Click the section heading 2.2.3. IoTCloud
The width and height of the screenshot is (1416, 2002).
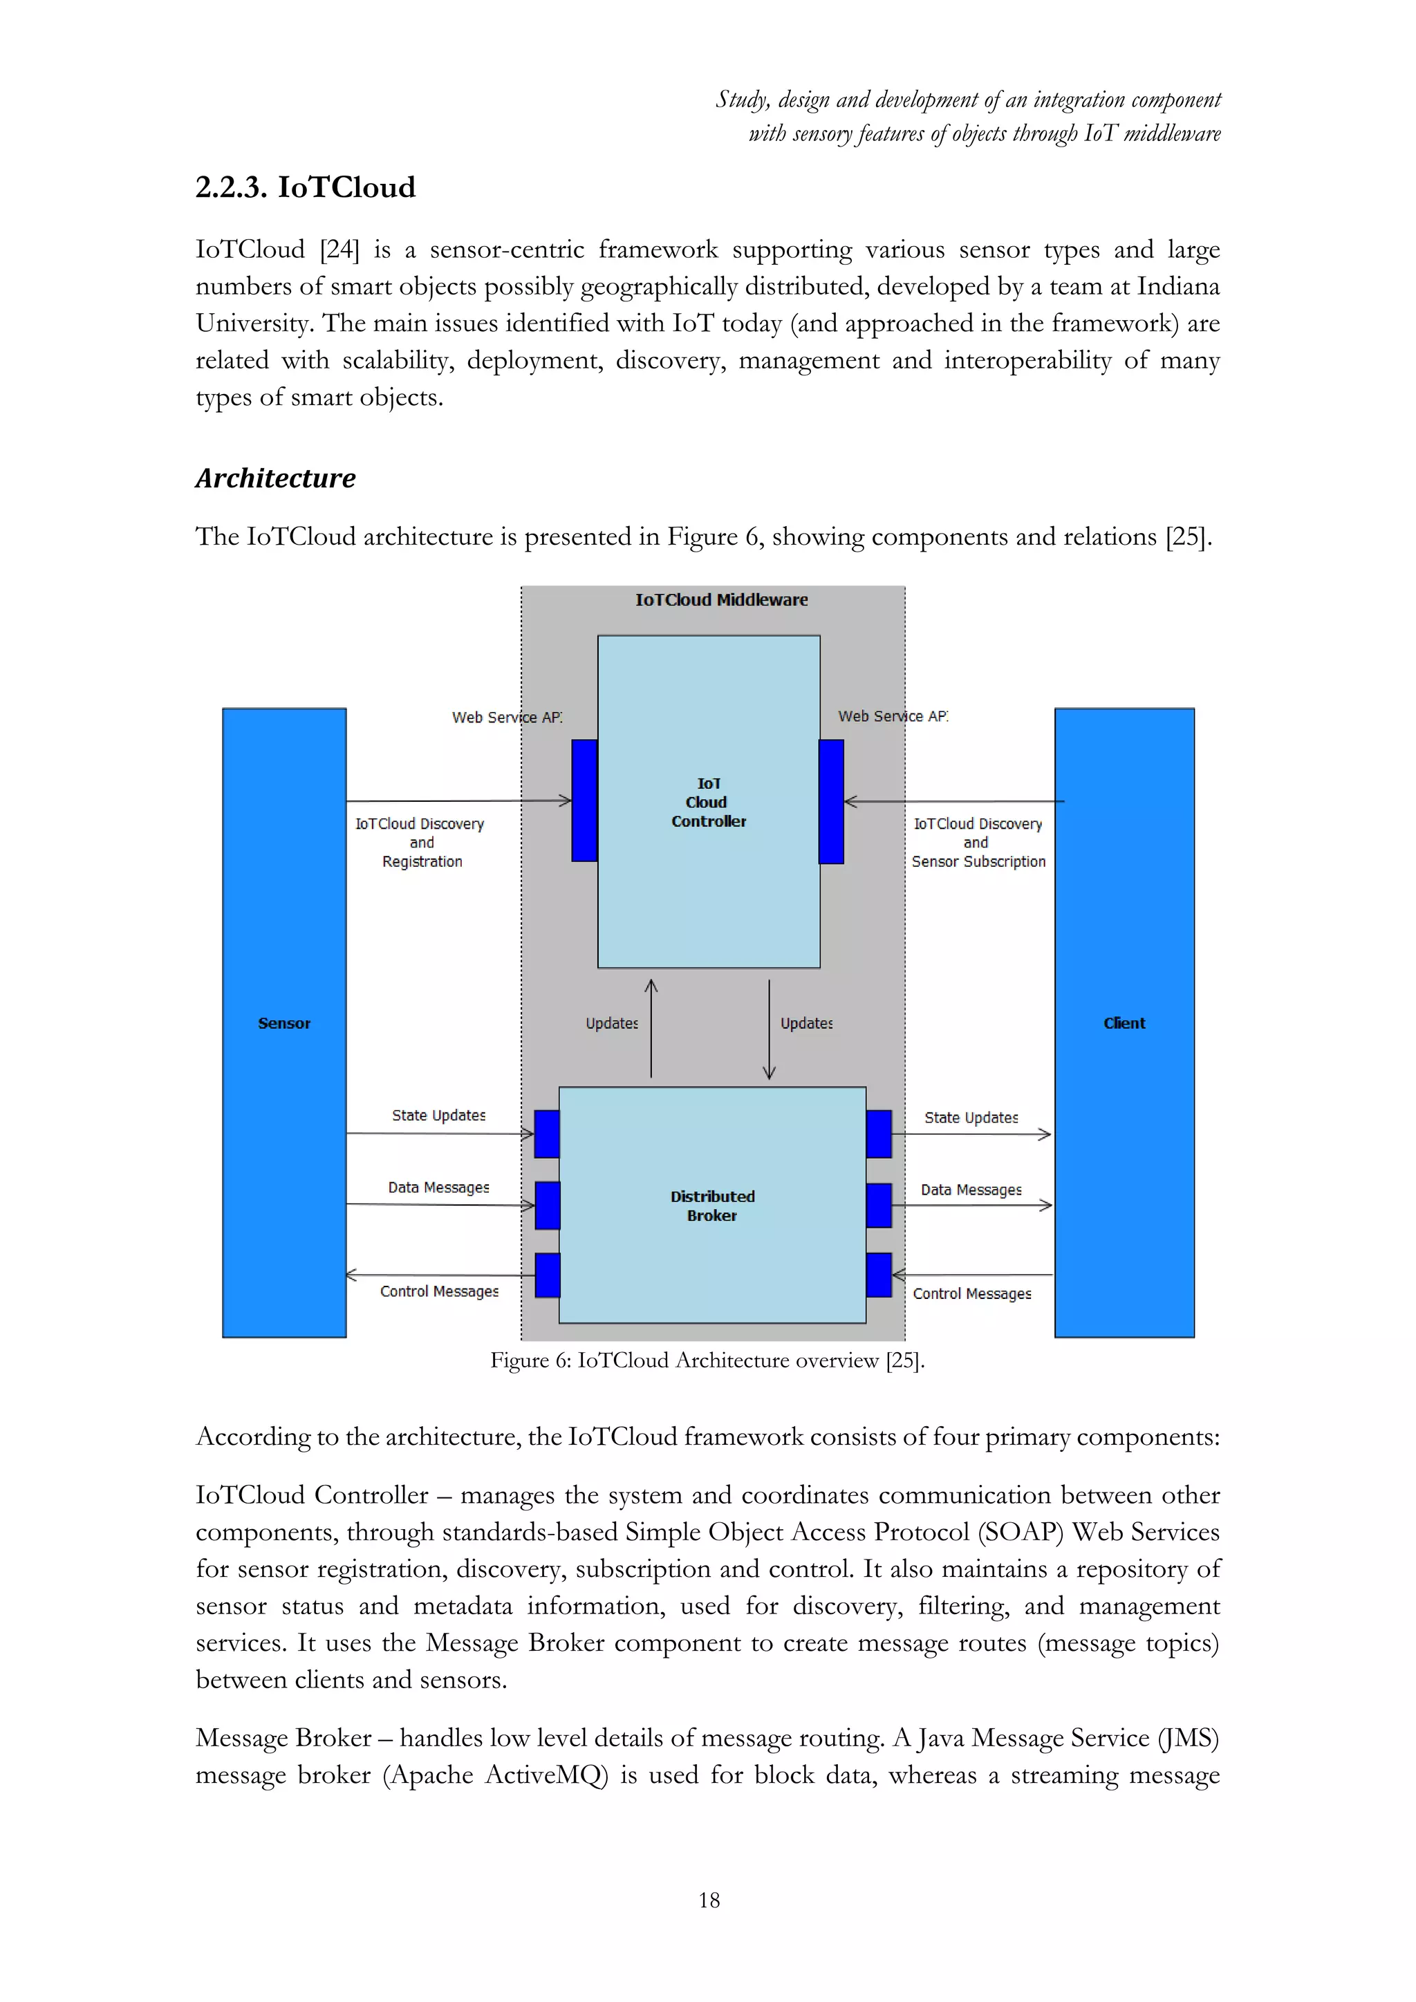coord(305,187)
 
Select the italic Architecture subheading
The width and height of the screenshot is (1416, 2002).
coord(276,478)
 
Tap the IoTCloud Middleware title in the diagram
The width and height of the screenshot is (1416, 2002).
coord(721,600)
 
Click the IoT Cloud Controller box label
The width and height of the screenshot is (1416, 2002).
coord(708,802)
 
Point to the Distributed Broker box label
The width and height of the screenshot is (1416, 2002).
coord(712,1206)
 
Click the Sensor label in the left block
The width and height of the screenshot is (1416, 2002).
coord(284,1024)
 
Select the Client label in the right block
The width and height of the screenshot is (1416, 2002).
coord(1124,1024)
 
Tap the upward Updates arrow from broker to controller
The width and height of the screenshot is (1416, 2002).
coord(651,1029)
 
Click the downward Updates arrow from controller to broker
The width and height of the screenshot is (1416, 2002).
coord(769,1029)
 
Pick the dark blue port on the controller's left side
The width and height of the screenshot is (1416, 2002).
coord(584,801)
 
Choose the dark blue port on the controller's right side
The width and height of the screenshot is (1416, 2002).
coord(832,801)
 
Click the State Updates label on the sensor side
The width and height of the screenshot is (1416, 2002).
coord(438,1115)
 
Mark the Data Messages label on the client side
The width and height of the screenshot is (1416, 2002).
coord(971,1190)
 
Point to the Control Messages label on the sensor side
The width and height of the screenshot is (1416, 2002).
coord(440,1291)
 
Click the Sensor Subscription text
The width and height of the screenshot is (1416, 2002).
coord(978,861)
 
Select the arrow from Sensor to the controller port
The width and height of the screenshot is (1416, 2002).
coord(458,801)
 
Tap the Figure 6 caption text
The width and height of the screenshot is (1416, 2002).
coord(707,1360)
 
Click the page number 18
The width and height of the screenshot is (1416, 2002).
coord(709,1900)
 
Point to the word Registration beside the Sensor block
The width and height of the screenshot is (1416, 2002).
coord(422,861)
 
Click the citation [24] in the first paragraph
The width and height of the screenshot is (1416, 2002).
coord(339,250)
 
